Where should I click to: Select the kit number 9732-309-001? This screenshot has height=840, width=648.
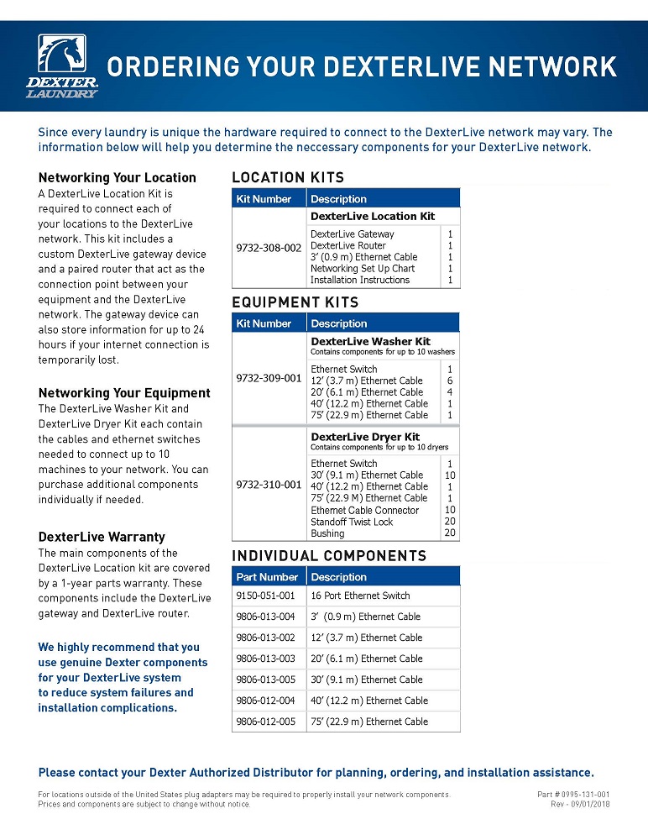pos(269,378)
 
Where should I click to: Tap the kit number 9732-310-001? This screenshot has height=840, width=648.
pos(269,485)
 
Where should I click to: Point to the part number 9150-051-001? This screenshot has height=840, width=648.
pos(265,596)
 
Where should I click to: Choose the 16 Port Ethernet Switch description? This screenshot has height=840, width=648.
pos(360,596)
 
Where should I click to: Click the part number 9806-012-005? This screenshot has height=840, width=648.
pos(265,722)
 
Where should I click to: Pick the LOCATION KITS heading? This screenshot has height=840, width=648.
pos(288,177)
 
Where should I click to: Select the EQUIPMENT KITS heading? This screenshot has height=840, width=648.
pos(295,302)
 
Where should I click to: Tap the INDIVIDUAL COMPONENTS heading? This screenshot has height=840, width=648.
pos(329,556)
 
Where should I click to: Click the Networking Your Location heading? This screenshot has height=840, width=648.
pos(118,177)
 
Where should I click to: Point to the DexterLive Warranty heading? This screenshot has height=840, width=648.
pos(102,537)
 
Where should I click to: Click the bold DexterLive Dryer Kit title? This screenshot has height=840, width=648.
pos(365,437)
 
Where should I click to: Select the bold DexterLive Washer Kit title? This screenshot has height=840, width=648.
pos(370,342)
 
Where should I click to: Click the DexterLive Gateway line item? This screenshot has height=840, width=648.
pos(352,234)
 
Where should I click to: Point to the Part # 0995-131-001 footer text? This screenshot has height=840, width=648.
pos(573,794)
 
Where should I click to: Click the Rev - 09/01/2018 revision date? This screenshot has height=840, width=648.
pos(579,804)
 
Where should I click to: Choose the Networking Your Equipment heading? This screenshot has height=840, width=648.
pos(124,393)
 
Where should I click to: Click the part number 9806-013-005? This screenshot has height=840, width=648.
pos(265,680)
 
